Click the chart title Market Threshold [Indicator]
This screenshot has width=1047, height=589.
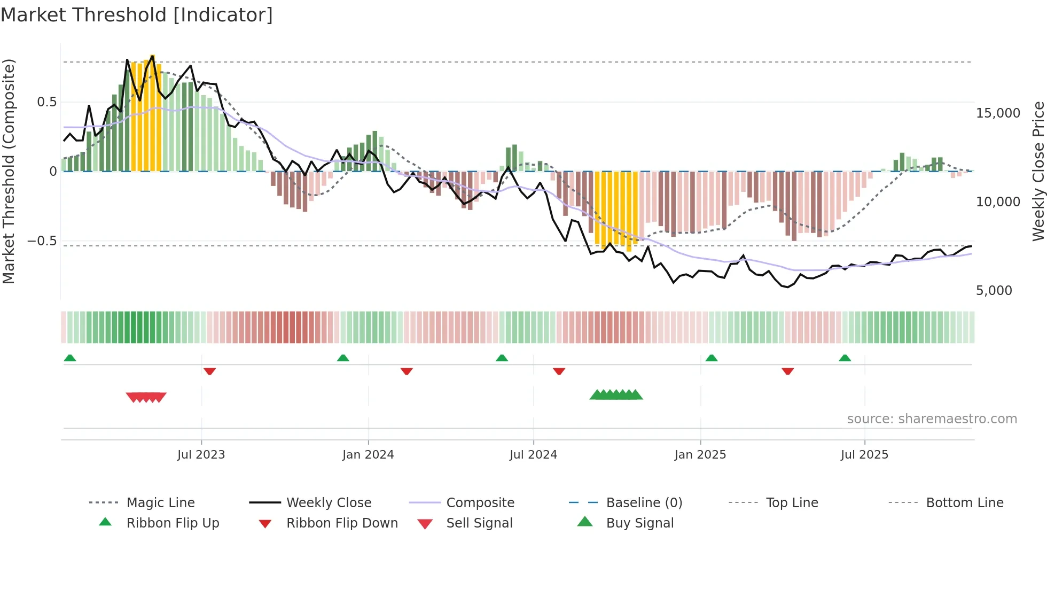click(137, 15)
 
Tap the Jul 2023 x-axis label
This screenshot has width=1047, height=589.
click(201, 455)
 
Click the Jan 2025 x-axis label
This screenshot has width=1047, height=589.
click(700, 455)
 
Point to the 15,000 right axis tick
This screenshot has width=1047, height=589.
click(997, 113)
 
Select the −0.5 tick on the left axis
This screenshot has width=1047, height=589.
click(42, 241)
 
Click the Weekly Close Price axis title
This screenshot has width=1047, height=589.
click(1038, 171)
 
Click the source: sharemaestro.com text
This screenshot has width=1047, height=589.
click(932, 419)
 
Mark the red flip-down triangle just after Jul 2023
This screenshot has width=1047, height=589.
click(209, 371)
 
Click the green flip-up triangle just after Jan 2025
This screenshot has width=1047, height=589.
click(711, 358)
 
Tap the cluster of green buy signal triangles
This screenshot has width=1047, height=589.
click(616, 395)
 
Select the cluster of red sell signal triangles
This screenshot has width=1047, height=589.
click(146, 397)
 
